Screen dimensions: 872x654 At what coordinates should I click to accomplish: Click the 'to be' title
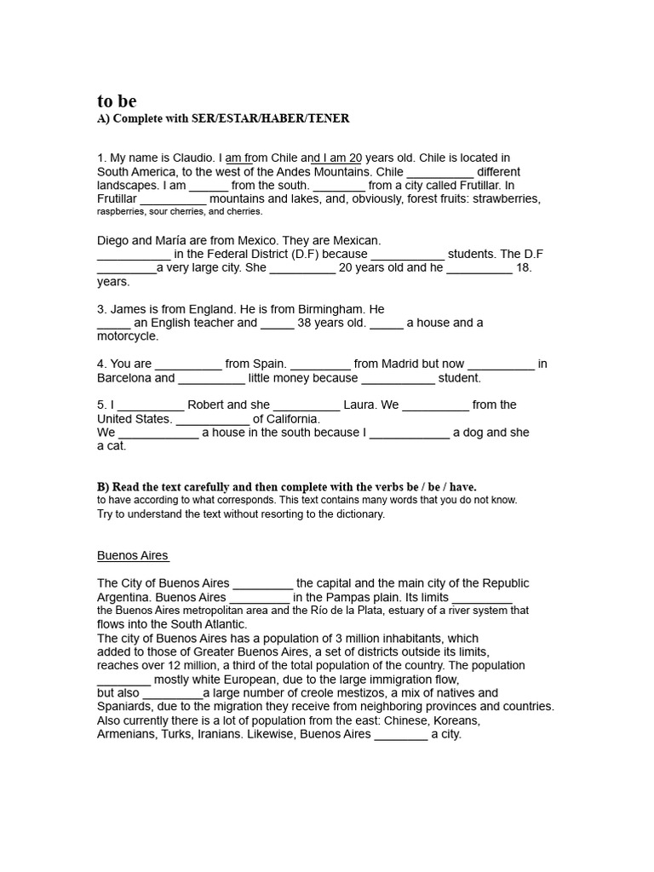coord(117,101)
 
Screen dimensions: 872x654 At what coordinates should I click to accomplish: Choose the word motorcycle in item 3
coord(127,336)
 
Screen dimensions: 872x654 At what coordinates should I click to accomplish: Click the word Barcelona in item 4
coord(123,377)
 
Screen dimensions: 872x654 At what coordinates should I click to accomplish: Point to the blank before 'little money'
coord(211,378)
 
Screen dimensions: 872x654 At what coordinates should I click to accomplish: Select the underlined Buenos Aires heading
coord(133,555)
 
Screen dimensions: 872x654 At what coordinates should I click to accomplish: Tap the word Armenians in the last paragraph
coord(126,733)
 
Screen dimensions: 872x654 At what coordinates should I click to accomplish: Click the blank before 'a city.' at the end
coord(401,734)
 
